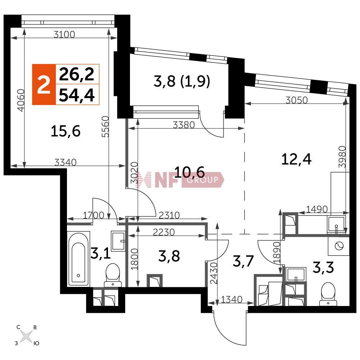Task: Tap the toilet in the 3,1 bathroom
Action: pos(113,275)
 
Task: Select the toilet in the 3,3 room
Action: pos(329,294)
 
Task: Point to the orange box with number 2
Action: pos(44,85)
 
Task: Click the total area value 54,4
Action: pos(77,95)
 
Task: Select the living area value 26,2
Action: pos(77,74)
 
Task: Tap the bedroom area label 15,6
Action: pos(66,131)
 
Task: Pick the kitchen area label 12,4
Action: pos(296,159)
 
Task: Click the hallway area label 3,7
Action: pos(243,261)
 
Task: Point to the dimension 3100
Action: pos(64,35)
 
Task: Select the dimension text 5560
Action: pos(105,126)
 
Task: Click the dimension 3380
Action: pos(184,125)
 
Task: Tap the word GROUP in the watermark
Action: pos(202,180)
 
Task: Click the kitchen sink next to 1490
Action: pos(337,225)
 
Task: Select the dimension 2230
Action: pos(164,232)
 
